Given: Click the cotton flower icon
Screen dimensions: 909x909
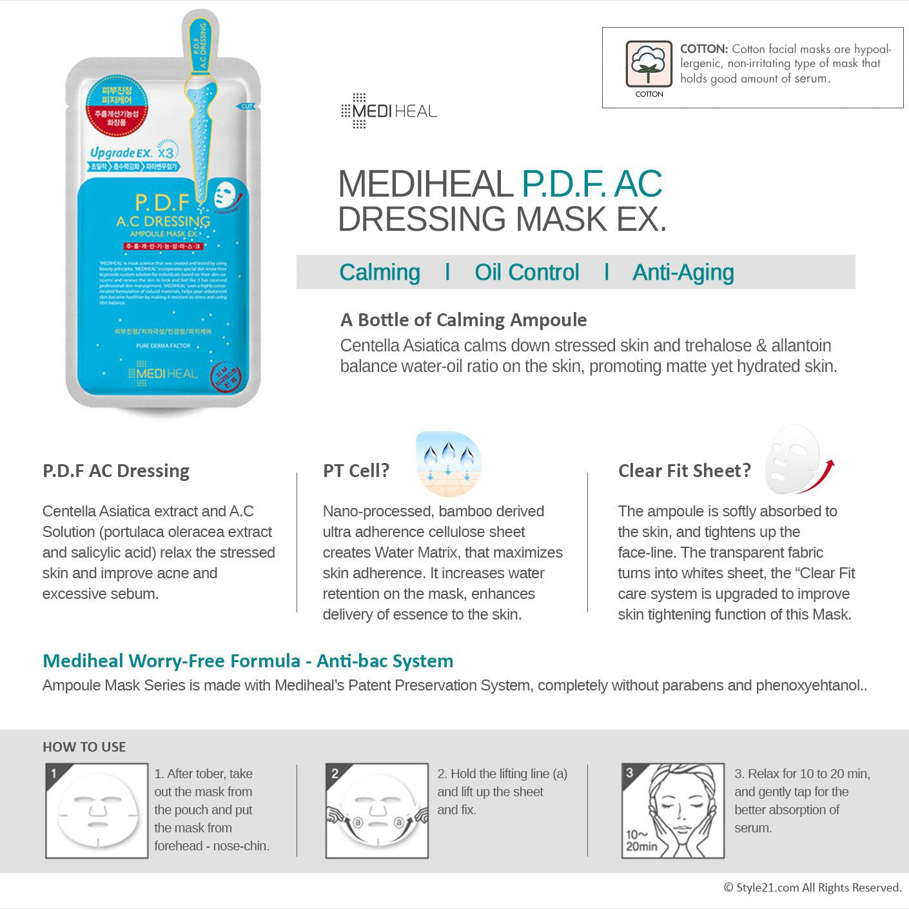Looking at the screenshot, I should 649,63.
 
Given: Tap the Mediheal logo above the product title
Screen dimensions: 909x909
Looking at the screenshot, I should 389,111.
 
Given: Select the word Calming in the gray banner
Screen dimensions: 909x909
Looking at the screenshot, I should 379,272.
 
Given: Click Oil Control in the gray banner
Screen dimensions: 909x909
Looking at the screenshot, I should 527,272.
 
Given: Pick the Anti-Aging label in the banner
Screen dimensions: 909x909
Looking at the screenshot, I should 683,272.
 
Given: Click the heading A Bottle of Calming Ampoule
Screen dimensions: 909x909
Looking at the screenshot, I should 463,320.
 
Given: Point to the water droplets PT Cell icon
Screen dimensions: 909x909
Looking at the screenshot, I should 449,464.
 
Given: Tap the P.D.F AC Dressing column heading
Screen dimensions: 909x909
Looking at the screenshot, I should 116,471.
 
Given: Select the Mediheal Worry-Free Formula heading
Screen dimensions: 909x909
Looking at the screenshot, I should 248,661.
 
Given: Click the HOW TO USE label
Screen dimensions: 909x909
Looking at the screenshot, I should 84,747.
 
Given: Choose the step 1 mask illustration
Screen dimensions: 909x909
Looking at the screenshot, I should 97,811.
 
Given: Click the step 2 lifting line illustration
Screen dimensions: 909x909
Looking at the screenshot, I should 377,811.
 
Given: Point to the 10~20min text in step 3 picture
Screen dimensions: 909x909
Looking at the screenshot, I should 641,841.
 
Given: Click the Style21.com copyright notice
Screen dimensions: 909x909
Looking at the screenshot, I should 812,888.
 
